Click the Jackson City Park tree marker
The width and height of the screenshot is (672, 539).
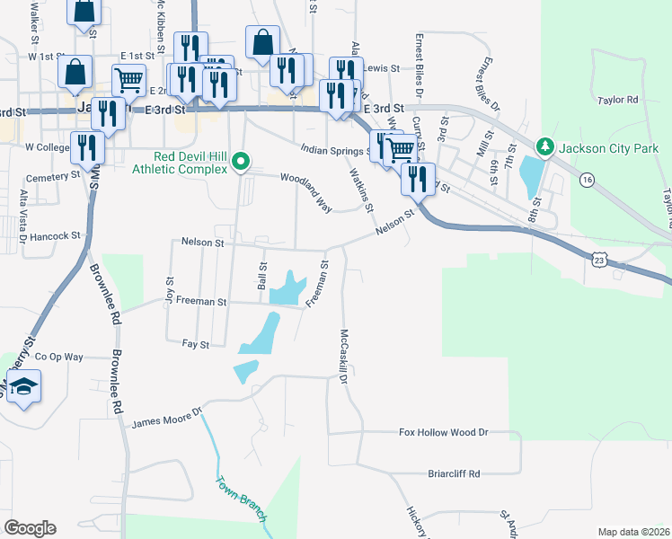click(x=544, y=146)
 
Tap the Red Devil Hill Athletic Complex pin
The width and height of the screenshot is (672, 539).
click(x=240, y=163)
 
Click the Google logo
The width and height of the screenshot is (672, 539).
click(x=30, y=527)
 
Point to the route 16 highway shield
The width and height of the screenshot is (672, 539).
click(x=587, y=181)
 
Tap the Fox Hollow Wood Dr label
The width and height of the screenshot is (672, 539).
click(x=443, y=432)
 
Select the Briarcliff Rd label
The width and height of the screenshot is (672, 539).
click(x=454, y=473)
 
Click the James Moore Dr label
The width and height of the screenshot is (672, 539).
click(x=169, y=419)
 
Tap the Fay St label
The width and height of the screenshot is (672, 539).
click(x=195, y=344)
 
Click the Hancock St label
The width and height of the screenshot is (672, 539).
click(x=56, y=236)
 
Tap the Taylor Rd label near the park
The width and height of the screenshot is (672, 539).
click(x=621, y=100)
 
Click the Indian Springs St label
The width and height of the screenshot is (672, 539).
click(x=335, y=149)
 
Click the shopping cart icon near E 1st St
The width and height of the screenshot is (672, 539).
click(x=129, y=79)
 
